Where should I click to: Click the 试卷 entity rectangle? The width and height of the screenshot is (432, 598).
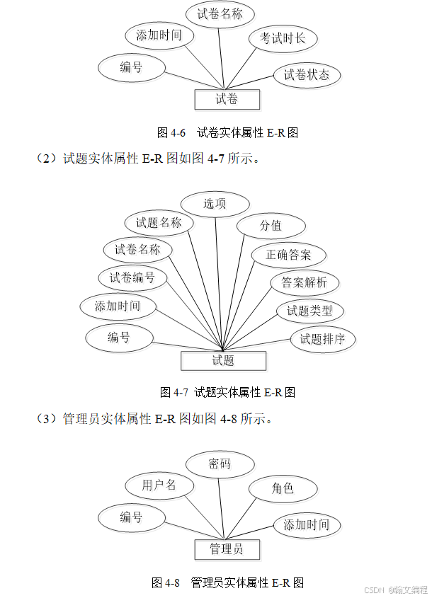click(x=227, y=99)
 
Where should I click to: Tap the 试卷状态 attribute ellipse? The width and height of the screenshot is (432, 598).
click(x=307, y=75)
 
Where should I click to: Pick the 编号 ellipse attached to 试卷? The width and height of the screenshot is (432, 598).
click(x=131, y=67)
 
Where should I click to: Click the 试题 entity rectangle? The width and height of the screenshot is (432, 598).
click(x=223, y=360)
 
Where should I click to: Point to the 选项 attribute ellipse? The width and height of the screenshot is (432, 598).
click(x=215, y=204)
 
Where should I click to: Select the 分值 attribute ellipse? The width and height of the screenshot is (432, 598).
click(x=271, y=226)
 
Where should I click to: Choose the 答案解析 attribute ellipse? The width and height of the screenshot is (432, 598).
click(x=305, y=283)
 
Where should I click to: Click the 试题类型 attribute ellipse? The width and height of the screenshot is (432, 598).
click(x=309, y=311)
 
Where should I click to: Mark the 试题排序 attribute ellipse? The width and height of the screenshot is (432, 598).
click(x=323, y=339)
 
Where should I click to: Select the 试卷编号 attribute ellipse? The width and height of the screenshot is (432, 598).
click(x=132, y=277)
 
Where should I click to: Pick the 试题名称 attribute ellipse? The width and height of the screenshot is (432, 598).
click(x=159, y=223)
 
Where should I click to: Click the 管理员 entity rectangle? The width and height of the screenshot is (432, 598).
click(x=227, y=549)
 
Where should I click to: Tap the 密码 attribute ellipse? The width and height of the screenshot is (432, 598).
click(x=220, y=464)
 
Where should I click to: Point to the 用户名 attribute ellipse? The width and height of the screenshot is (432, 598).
click(x=159, y=485)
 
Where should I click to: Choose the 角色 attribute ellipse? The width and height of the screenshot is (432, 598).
click(x=283, y=488)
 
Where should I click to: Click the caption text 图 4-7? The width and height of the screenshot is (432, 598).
click(x=174, y=392)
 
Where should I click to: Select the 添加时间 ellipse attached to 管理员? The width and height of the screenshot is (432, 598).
click(x=307, y=525)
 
